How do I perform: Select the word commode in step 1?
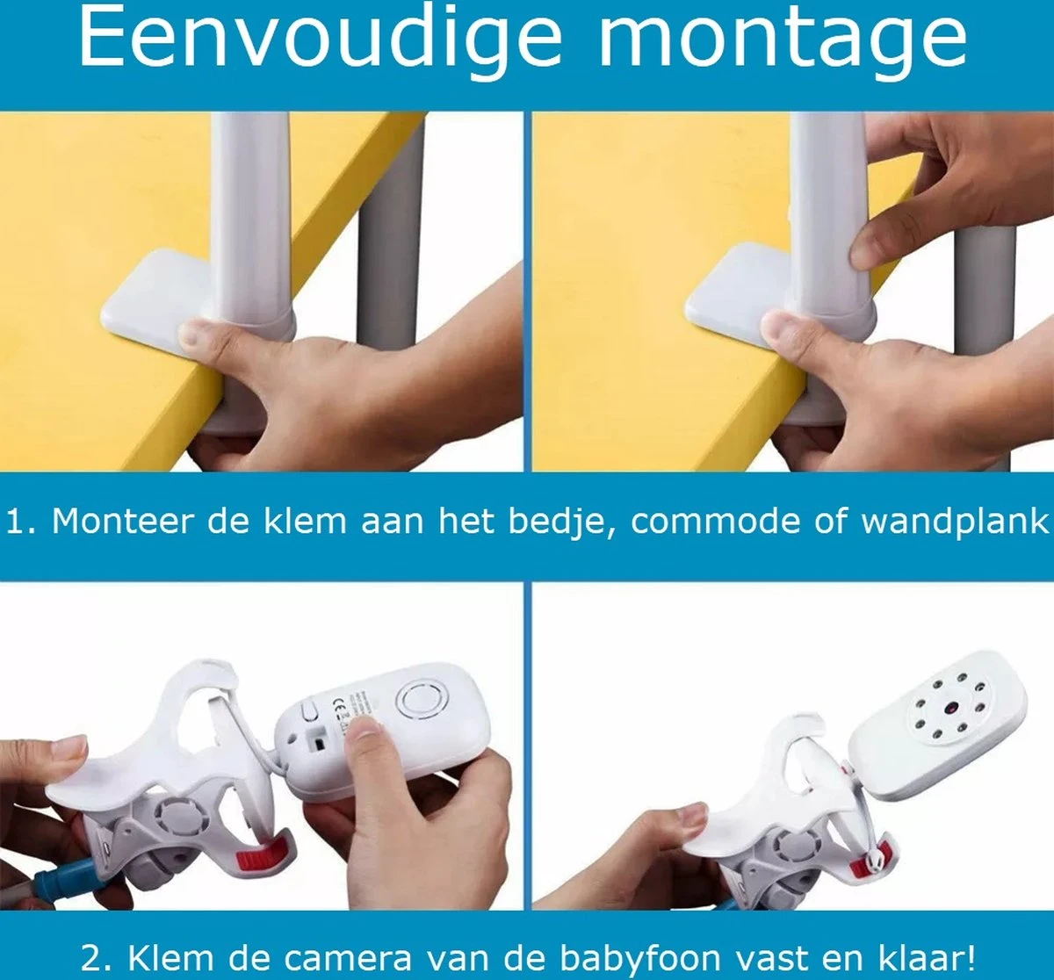coord(714,523)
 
